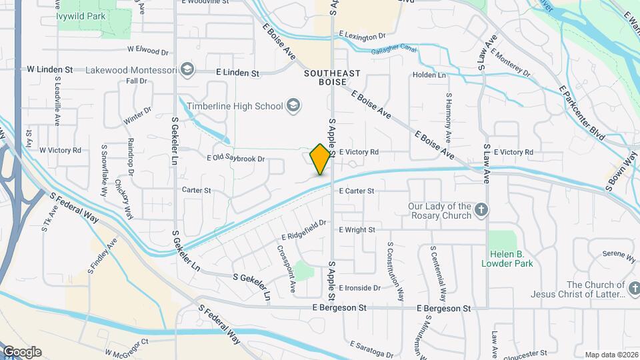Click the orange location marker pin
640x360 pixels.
pyautogui.click(x=321, y=159)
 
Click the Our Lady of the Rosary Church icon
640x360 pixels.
pyautogui.click(x=481, y=211)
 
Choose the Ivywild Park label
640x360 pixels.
pyautogui.click(x=82, y=16)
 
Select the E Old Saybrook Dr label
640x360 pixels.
pyautogui.click(x=236, y=159)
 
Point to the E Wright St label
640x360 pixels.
pyautogui.click(x=357, y=230)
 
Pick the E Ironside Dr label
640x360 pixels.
pyautogui.click(x=359, y=288)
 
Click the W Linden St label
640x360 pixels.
pyautogui.click(x=49, y=69)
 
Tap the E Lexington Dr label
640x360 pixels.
pyautogui.click(x=362, y=35)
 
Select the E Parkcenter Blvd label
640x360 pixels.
pyautogui.click(x=581, y=112)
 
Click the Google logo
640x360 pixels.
pyautogui.click(x=22, y=351)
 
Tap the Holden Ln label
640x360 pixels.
pyautogui.click(x=429, y=75)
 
